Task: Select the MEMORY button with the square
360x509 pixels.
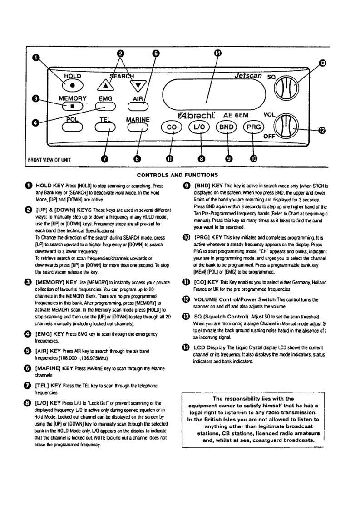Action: pyautogui.click(x=71, y=107)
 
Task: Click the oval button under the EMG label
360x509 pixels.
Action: pyautogui.click(x=105, y=107)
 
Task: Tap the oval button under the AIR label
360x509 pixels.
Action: pyautogui.click(x=137, y=107)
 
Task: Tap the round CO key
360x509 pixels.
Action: pyautogui.click(x=171, y=128)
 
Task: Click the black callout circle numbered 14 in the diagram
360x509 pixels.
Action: pyautogui.click(x=217, y=53)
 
